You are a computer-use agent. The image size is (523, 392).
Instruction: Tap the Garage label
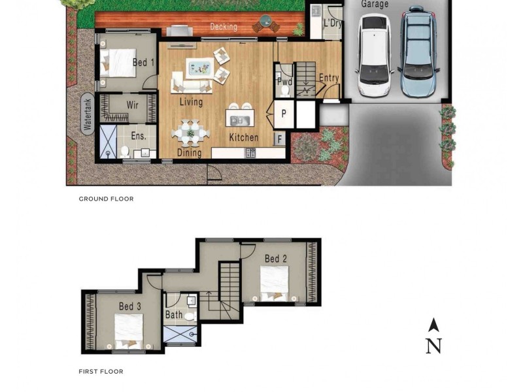click(x=375, y=4)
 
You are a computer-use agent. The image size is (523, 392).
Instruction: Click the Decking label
click(x=224, y=27)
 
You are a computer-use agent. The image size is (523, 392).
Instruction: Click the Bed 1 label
click(x=143, y=63)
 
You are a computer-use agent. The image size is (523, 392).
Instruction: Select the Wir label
click(x=132, y=105)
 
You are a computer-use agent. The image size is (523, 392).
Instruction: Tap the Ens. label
click(x=138, y=136)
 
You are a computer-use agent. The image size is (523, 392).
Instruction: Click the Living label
click(x=191, y=103)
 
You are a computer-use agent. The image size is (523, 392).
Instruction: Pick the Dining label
click(x=189, y=154)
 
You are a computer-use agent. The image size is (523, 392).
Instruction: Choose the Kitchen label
click(x=243, y=138)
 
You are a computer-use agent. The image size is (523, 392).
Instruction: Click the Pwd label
click(x=284, y=82)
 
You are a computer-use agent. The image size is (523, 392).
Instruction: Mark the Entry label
click(x=329, y=78)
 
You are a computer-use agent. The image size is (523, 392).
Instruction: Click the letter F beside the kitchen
click(x=279, y=139)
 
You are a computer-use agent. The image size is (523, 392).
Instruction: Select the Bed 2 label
click(x=275, y=259)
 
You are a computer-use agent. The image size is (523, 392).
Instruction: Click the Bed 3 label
click(x=130, y=306)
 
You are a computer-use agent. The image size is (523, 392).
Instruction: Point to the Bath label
click(x=174, y=315)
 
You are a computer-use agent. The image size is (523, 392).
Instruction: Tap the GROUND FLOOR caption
click(x=106, y=199)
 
